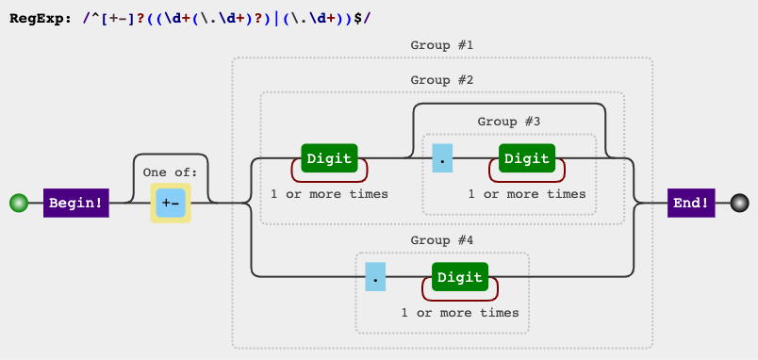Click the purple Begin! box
pos(76,202)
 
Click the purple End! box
pos(690,202)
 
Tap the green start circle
pos(18,203)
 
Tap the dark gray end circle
pos(739,203)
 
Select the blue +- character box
pos(171,204)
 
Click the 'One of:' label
pos(171,172)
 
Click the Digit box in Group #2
pos(328,158)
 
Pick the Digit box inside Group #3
pos(526,158)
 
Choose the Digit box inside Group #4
pos(460,277)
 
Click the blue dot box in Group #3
pos(442,158)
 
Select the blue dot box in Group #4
pos(376,277)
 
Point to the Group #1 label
pos(441,45)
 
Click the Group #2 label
pos(441,80)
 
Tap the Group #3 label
pos(509,122)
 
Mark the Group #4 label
pos(441,240)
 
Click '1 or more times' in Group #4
pos(460,312)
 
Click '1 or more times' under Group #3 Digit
pos(526,194)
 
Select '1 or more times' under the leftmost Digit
pos(328,194)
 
